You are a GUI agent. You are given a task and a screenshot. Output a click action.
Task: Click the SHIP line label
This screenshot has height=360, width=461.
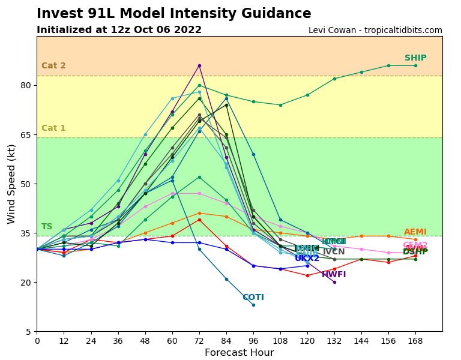[x=415, y=58]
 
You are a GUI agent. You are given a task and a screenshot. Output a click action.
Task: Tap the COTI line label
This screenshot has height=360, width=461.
[x=253, y=298]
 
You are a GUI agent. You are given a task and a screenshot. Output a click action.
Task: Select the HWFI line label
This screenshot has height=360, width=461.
[x=334, y=275]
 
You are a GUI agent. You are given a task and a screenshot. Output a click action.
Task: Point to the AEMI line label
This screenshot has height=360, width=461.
[x=415, y=232]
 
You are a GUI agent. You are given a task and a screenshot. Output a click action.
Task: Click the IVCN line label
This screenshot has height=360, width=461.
[x=334, y=252]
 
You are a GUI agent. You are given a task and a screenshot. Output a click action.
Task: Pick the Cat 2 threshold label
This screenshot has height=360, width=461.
[x=53, y=66]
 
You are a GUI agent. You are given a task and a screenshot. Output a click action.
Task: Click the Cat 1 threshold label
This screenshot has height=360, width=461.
[x=53, y=128]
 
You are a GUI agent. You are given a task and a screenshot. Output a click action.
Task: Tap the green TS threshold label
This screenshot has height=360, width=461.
[x=47, y=227]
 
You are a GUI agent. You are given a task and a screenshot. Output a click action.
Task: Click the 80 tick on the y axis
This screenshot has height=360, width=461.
[x=26, y=85]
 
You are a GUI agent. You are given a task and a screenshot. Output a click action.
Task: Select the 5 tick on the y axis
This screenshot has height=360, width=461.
[x=28, y=332]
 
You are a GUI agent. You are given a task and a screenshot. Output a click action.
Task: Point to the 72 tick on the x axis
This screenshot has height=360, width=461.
[x=199, y=341]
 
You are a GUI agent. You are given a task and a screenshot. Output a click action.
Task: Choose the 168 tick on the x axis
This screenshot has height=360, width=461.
[x=415, y=341]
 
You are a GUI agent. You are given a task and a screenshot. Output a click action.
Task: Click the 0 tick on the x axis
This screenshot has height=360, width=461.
[x=37, y=341]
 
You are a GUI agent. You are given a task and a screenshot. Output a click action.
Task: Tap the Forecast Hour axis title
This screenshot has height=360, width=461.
[x=239, y=353]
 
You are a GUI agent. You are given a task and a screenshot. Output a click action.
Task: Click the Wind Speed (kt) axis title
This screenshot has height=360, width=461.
[x=12, y=184]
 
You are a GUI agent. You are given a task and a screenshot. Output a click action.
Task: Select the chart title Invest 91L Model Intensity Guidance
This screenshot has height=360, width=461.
[x=174, y=14]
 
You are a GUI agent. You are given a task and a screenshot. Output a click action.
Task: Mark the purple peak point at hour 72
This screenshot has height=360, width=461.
[x=199, y=65]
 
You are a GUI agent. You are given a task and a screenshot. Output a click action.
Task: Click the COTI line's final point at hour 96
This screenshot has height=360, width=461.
[x=253, y=305]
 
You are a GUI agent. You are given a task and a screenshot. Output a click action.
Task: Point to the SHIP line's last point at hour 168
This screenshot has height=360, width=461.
[x=415, y=65]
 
